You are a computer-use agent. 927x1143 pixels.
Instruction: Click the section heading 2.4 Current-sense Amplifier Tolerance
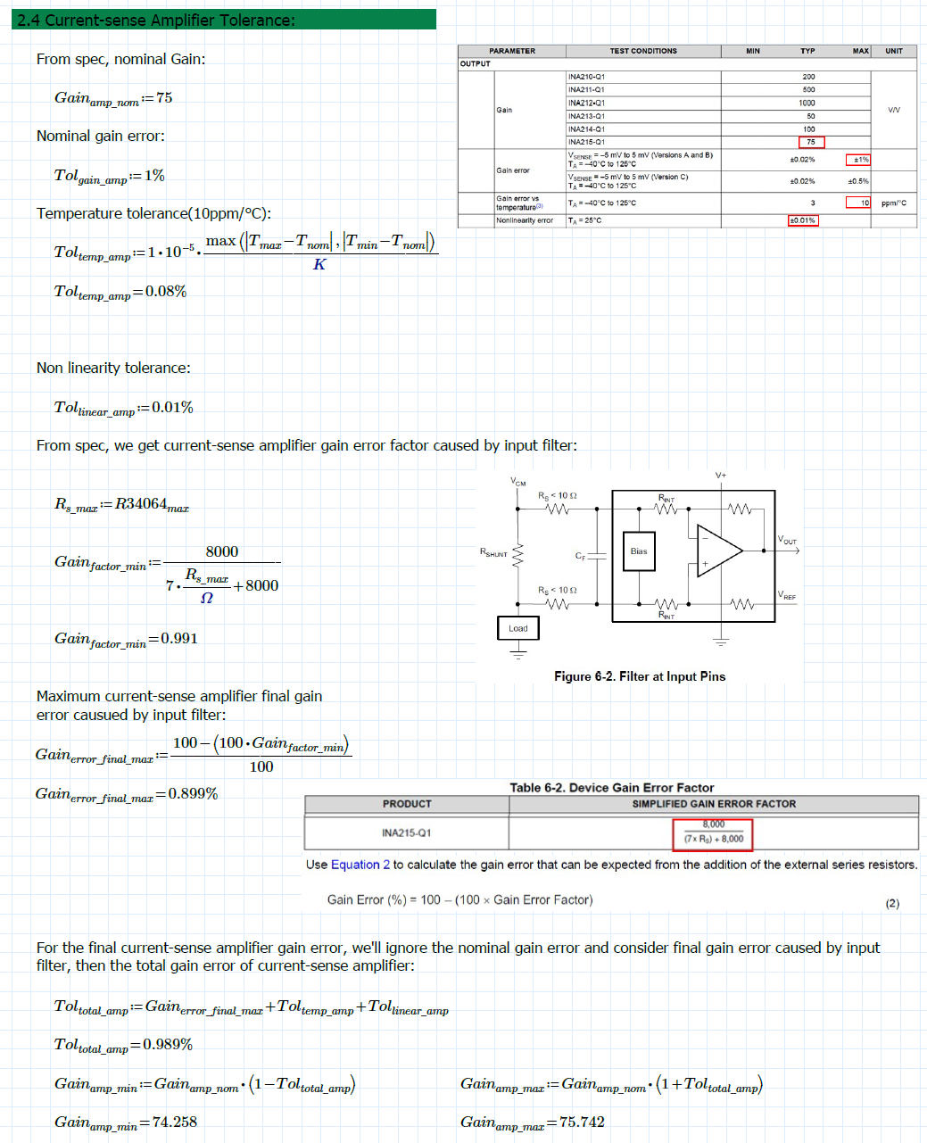tap(157, 20)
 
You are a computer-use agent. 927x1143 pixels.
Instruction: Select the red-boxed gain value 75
tap(811, 142)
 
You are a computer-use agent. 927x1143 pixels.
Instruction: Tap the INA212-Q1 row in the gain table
tap(586, 103)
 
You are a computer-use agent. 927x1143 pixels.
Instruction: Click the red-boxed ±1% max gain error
tap(857, 160)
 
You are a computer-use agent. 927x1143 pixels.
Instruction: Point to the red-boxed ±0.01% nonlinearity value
tap(802, 220)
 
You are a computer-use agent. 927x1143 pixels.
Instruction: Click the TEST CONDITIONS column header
tap(642, 51)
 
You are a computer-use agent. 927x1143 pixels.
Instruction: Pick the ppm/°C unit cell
tap(893, 203)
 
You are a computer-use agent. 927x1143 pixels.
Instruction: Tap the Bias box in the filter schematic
tap(639, 551)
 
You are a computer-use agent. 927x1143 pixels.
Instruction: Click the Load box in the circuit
tap(518, 628)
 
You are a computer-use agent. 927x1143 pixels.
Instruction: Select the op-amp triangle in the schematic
tap(718, 551)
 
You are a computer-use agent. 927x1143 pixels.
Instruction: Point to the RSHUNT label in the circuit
tap(493, 553)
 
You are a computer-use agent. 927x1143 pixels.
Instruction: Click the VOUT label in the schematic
tap(787, 540)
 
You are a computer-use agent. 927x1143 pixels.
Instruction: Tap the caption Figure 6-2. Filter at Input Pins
tap(640, 676)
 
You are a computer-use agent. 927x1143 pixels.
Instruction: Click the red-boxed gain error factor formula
tap(713, 832)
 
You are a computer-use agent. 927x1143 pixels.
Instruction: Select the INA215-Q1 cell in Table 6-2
tap(406, 832)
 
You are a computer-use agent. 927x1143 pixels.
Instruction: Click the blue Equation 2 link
tap(360, 865)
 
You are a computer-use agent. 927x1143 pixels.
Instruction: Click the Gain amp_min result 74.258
tap(175, 1122)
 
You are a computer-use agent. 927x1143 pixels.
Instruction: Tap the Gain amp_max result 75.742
tap(582, 1122)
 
